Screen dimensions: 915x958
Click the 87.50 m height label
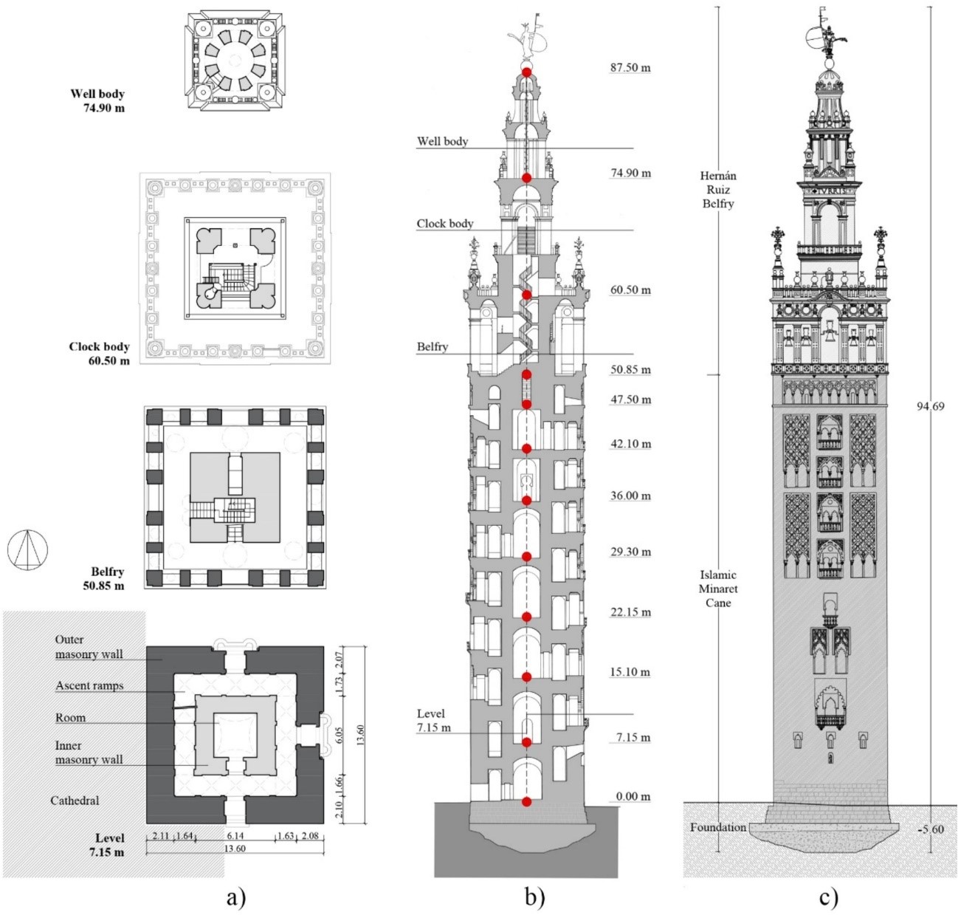[x=630, y=68]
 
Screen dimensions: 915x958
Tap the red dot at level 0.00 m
[x=526, y=801]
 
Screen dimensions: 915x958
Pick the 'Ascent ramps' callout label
[x=89, y=686]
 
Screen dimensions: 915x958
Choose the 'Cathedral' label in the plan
[x=75, y=801]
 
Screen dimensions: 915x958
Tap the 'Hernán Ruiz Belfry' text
[x=718, y=190]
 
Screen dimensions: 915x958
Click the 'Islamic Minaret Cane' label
[x=718, y=589]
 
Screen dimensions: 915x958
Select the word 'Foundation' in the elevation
[x=718, y=827]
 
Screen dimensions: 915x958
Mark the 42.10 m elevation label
[x=630, y=445]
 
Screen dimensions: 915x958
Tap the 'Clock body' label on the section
[x=445, y=224]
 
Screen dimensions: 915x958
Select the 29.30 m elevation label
[x=630, y=552]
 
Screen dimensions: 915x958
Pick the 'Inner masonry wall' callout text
[x=89, y=753]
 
